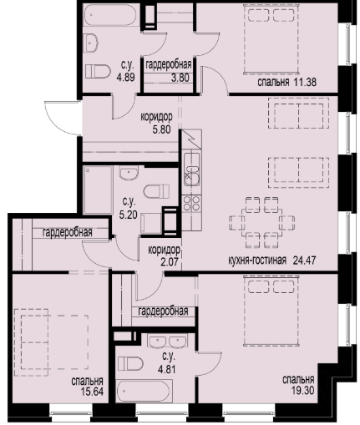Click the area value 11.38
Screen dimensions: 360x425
point(305,83)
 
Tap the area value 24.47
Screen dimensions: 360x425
point(304,261)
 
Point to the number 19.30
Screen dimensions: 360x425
point(303,391)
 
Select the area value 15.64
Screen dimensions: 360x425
point(92,392)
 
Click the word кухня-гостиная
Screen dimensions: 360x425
point(257,261)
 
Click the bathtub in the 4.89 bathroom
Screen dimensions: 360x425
point(110,14)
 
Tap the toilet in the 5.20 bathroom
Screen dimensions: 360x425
point(156,191)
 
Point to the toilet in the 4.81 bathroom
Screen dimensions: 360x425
point(130,363)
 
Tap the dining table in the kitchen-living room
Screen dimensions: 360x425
point(261,223)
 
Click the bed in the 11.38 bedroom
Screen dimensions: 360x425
point(271,39)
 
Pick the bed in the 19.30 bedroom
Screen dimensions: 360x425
point(271,311)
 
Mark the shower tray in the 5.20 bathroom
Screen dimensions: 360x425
point(98,190)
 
